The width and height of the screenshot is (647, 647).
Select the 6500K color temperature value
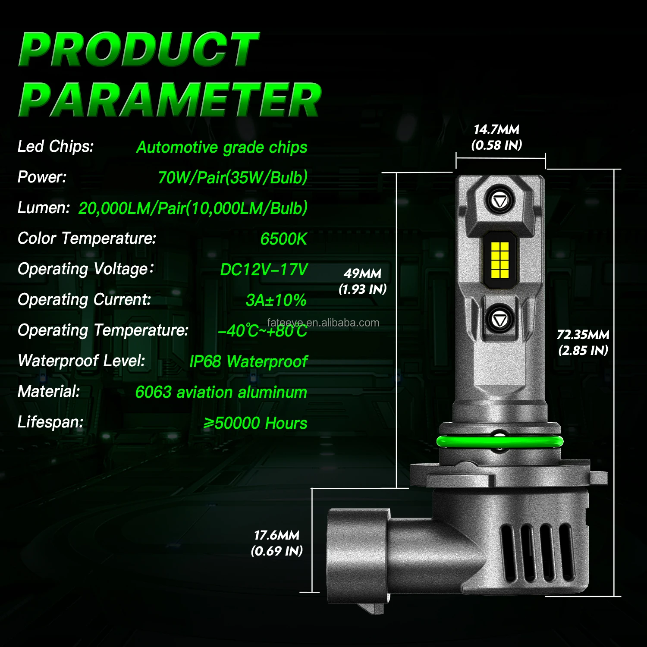point(283,239)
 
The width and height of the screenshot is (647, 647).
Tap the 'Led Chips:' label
point(56,147)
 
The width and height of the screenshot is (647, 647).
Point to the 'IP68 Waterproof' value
point(248,361)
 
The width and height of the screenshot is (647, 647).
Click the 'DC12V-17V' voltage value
point(264,270)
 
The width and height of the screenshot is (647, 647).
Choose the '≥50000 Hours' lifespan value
point(255,423)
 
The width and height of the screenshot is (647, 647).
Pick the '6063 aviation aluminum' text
point(221,393)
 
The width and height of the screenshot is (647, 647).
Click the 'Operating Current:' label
point(85,300)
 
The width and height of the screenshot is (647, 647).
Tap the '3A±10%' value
point(276,300)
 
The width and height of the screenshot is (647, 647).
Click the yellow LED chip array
point(500,260)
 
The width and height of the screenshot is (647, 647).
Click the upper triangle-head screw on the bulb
point(500,201)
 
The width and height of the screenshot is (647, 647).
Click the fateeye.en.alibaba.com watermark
point(323,323)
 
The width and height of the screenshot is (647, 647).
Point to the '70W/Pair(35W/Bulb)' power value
point(232,178)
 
